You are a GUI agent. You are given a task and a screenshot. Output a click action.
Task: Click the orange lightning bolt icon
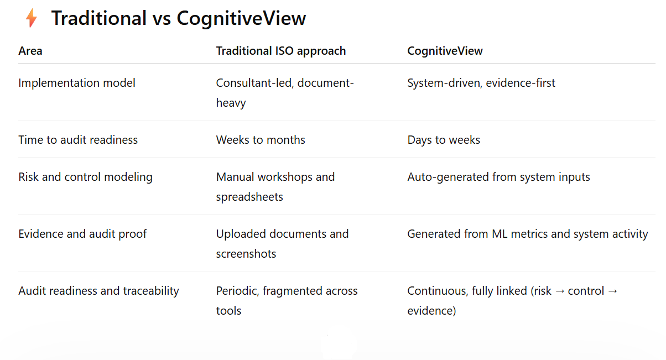(32, 18)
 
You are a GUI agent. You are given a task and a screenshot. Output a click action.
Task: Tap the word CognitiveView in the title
(241, 18)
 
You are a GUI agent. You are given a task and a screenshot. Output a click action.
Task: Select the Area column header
(30, 51)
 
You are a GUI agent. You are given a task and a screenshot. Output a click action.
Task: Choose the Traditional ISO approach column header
(280, 51)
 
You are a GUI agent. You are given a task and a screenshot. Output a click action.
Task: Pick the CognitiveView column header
(445, 51)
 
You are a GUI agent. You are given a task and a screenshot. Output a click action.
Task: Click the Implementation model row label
(77, 83)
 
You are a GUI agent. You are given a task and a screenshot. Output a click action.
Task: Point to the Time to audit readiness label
(78, 140)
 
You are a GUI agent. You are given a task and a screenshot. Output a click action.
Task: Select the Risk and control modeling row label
(85, 177)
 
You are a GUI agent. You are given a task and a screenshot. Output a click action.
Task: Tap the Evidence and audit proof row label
(82, 234)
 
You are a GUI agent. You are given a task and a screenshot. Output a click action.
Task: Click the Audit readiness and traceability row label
(98, 291)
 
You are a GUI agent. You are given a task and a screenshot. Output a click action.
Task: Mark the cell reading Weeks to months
(261, 140)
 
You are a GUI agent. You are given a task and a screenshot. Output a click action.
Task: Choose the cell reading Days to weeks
(444, 140)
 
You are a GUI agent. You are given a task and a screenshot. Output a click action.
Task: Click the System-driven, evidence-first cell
(481, 83)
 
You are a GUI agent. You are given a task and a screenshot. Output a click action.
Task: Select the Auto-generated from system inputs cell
(498, 177)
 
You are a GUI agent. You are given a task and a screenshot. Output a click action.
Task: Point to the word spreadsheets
(249, 197)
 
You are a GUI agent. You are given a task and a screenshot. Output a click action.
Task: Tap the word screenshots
(246, 254)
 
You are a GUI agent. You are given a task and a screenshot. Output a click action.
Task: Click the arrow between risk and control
(560, 291)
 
